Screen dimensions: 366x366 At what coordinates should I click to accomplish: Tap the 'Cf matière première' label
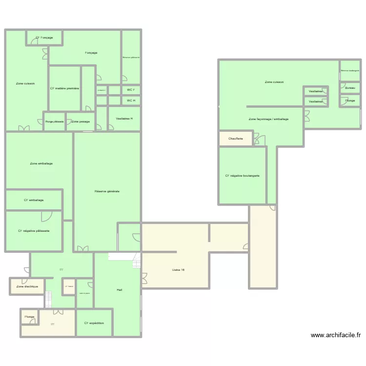(x=65, y=88)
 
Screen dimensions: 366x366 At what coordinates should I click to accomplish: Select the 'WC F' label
(x=131, y=90)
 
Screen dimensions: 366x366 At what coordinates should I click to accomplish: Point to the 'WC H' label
(x=131, y=101)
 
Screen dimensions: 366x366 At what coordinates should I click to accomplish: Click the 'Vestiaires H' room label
(x=124, y=119)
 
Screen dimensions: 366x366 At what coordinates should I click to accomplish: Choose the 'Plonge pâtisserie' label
(x=54, y=122)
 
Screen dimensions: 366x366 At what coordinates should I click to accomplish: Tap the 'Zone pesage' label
(x=81, y=122)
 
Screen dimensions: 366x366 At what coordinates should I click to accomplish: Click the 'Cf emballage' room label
(x=34, y=200)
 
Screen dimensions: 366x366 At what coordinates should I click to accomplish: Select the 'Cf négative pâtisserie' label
(x=34, y=231)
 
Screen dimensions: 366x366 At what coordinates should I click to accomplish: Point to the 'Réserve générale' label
(x=107, y=191)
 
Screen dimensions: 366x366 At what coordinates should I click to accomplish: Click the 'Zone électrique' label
(x=27, y=286)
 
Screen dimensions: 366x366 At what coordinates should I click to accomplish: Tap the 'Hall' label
(x=119, y=290)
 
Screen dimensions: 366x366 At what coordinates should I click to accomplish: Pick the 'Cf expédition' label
(x=94, y=323)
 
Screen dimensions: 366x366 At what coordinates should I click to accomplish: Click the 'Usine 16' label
(x=179, y=270)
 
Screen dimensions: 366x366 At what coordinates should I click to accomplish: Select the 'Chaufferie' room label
(x=235, y=139)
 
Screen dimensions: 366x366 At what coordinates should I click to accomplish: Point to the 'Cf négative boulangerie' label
(x=242, y=176)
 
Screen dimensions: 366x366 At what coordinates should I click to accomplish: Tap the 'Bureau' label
(x=350, y=88)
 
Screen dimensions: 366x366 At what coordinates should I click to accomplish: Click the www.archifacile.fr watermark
(x=336, y=335)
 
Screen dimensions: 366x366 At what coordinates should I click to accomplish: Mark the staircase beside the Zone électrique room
(x=48, y=299)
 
